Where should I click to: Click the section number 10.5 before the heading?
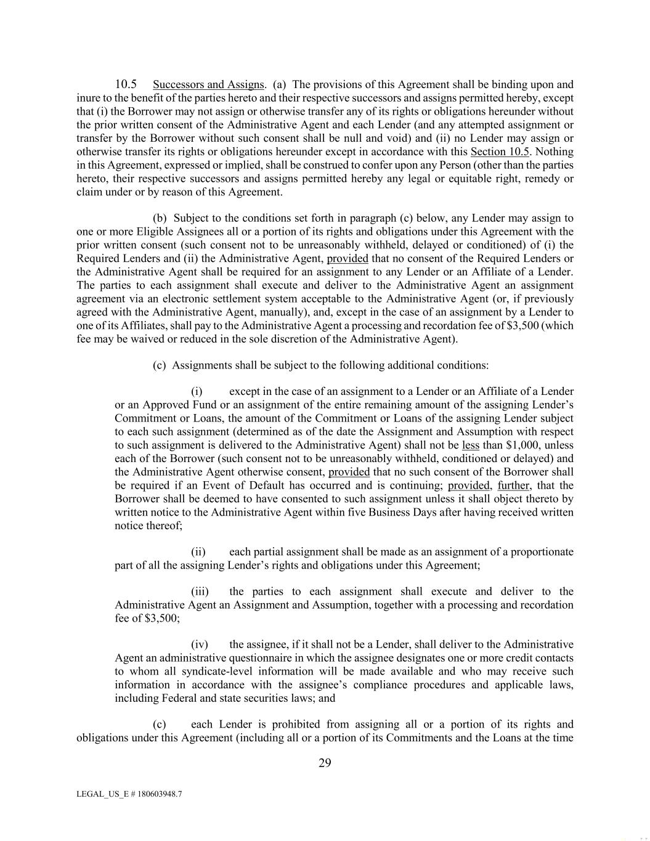tap(126, 84)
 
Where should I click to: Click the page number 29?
tap(325, 763)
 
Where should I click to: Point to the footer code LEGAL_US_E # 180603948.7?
tap(129, 794)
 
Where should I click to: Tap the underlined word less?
tap(470, 445)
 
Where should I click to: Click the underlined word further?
tap(514, 486)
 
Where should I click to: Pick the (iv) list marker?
tap(200, 644)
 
